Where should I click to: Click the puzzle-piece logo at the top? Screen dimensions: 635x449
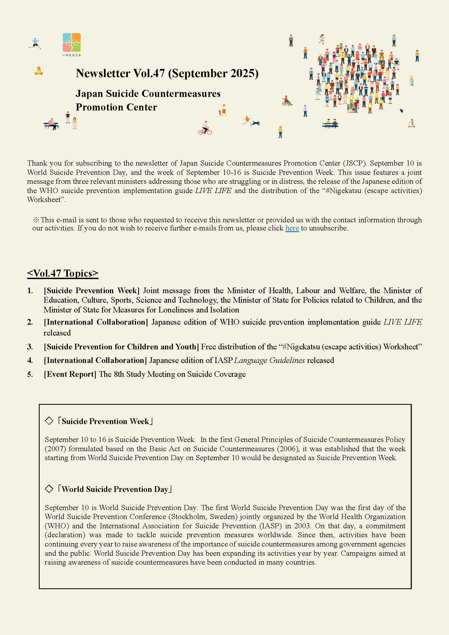(x=72, y=43)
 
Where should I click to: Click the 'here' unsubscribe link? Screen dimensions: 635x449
(x=292, y=228)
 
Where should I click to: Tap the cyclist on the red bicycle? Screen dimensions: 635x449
(x=205, y=128)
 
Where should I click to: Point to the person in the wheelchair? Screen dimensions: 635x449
(x=287, y=101)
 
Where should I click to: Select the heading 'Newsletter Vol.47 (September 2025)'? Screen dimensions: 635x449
(x=167, y=73)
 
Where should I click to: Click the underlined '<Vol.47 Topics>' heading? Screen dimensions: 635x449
(x=63, y=273)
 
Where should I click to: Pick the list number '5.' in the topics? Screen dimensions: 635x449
(x=30, y=374)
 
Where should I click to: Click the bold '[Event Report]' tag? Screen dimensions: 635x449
(x=70, y=374)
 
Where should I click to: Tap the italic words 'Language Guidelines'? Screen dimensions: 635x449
(x=269, y=360)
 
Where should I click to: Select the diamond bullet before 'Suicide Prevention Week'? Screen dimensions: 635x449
(x=49, y=421)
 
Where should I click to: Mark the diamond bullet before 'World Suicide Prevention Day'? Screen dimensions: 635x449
(x=49, y=489)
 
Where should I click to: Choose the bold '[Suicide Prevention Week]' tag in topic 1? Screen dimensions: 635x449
(x=91, y=291)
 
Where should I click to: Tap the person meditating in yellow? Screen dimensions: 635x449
(x=39, y=71)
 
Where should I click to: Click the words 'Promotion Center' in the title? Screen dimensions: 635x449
(x=116, y=107)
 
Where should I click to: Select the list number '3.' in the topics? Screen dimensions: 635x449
(x=30, y=347)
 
